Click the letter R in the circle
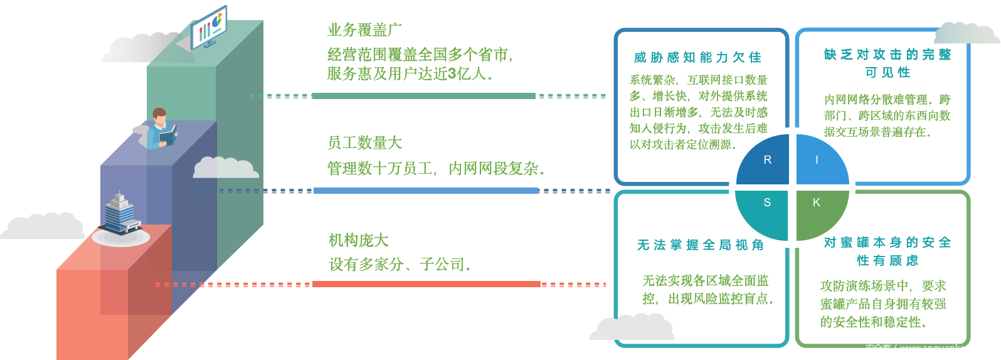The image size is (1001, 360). tap(767, 160)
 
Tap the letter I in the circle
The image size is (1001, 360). tap(817, 160)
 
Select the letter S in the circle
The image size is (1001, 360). tap(767, 202)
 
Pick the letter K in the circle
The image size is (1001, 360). tap(816, 202)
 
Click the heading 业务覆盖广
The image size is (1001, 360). tap(364, 29)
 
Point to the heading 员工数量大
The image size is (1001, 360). tap(364, 143)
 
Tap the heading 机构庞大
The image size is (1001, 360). tap(359, 240)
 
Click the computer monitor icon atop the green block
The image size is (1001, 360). tap(209, 26)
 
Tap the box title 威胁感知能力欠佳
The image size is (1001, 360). tap(697, 58)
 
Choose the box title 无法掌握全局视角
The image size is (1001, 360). tap(700, 245)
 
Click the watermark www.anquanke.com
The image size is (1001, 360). tap(928, 348)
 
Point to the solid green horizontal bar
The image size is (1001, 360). tap(423, 96)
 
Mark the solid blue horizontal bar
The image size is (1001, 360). tap(425, 191)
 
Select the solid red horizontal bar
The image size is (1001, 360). tap(426, 284)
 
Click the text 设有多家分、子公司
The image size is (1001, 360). tap(400, 265)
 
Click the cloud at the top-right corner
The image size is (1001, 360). tap(966, 33)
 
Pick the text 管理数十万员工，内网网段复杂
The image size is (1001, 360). tap(435, 169)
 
